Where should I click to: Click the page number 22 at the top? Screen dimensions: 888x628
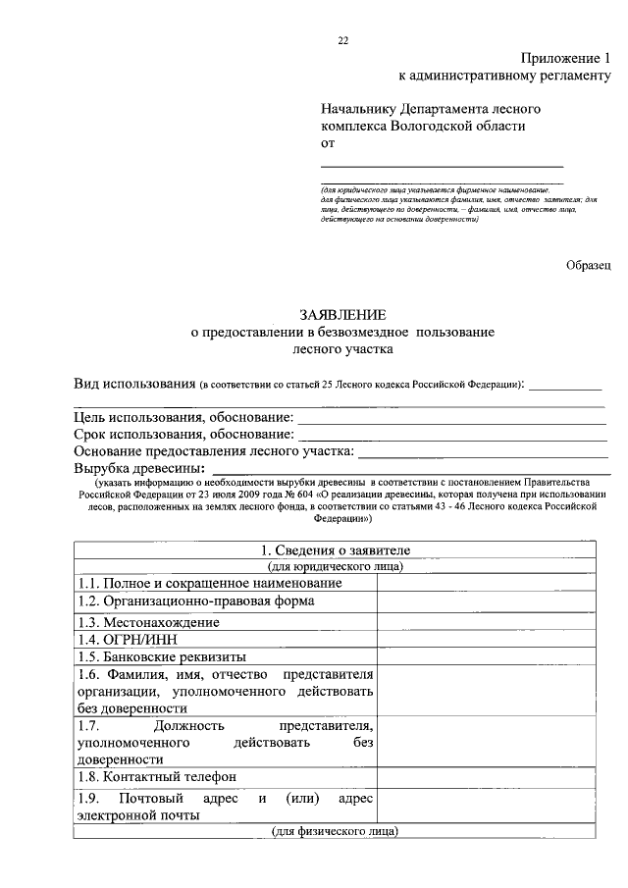[x=342, y=40]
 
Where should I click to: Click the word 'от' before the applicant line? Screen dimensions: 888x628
[x=328, y=142]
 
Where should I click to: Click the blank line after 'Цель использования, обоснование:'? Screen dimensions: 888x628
[x=451, y=419]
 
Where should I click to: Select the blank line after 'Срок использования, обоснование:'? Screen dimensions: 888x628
[x=451, y=435]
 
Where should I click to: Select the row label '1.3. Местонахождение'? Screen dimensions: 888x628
[x=149, y=622]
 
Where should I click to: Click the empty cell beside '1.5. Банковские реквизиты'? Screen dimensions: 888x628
[x=486, y=657]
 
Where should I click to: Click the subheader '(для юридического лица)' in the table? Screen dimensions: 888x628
[x=334, y=566]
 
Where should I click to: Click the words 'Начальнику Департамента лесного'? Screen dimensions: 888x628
[x=431, y=109]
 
